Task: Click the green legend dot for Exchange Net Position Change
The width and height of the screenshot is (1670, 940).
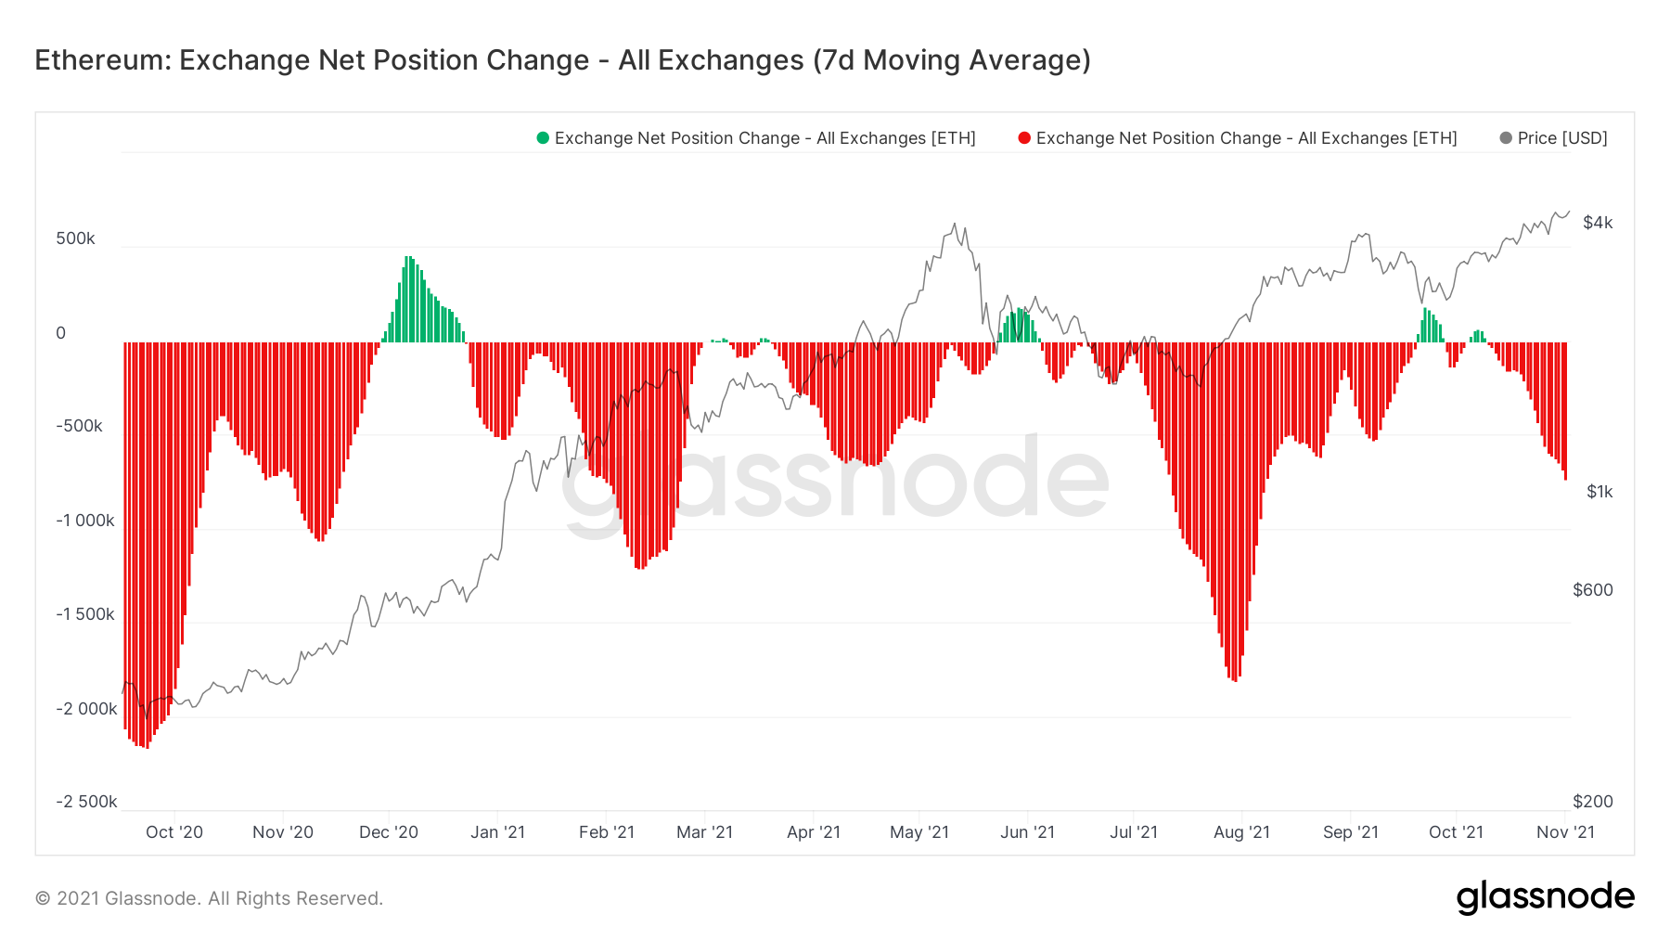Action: pyautogui.click(x=543, y=138)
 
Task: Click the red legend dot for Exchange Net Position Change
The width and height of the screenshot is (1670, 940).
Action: pyautogui.click(x=1024, y=138)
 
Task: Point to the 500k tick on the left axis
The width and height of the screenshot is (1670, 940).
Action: pyautogui.click(x=75, y=238)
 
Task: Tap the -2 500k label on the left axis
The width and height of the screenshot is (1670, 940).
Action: pyautogui.click(x=86, y=802)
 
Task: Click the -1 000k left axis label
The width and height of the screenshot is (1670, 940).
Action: pyautogui.click(x=85, y=521)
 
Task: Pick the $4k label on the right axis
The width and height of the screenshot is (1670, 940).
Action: pyautogui.click(x=1598, y=223)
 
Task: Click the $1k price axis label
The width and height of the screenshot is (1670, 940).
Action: pyautogui.click(x=1599, y=492)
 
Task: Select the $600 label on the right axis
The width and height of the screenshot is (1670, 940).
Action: pyautogui.click(x=1593, y=590)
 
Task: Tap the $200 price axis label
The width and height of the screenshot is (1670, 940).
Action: pyautogui.click(x=1593, y=802)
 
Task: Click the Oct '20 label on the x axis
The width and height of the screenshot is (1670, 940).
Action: pyautogui.click(x=174, y=832)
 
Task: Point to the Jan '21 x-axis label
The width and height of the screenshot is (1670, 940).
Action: pyautogui.click(x=497, y=832)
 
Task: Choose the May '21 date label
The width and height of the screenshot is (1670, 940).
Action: pyautogui.click(x=919, y=832)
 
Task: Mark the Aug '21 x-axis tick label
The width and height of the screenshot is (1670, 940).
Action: pyautogui.click(x=1241, y=832)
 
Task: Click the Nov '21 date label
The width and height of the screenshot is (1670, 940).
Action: pyautogui.click(x=1565, y=832)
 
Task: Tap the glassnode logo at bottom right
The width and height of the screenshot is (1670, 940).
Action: pyautogui.click(x=1545, y=897)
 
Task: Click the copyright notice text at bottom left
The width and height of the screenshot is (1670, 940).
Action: pyautogui.click(x=209, y=898)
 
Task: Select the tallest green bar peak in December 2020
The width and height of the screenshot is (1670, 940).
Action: pyautogui.click(x=408, y=259)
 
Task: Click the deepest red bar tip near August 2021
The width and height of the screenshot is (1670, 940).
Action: pyautogui.click(x=1235, y=679)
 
